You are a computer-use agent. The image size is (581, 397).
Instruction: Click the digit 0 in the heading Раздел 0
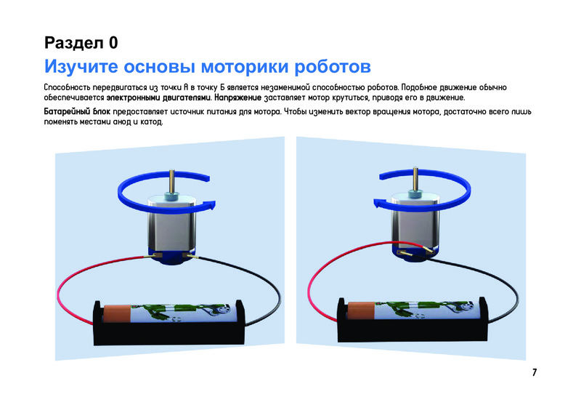point(113,43)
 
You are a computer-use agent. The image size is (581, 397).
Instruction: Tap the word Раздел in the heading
point(74,43)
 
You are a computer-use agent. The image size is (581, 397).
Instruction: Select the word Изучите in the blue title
point(81,67)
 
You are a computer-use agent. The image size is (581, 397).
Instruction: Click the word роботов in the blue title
point(333,67)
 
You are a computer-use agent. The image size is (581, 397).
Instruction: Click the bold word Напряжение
point(238,98)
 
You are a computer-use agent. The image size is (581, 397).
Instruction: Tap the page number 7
point(535,372)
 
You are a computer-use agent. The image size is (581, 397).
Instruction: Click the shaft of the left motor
point(172,181)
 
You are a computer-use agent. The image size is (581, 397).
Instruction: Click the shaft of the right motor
point(415,179)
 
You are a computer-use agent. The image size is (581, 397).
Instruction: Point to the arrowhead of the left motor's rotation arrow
point(211,204)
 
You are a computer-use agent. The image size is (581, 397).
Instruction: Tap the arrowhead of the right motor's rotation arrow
point(378,204)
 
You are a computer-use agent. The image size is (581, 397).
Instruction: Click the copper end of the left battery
point(117,313)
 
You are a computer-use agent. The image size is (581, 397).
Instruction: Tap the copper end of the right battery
point(360,311)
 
